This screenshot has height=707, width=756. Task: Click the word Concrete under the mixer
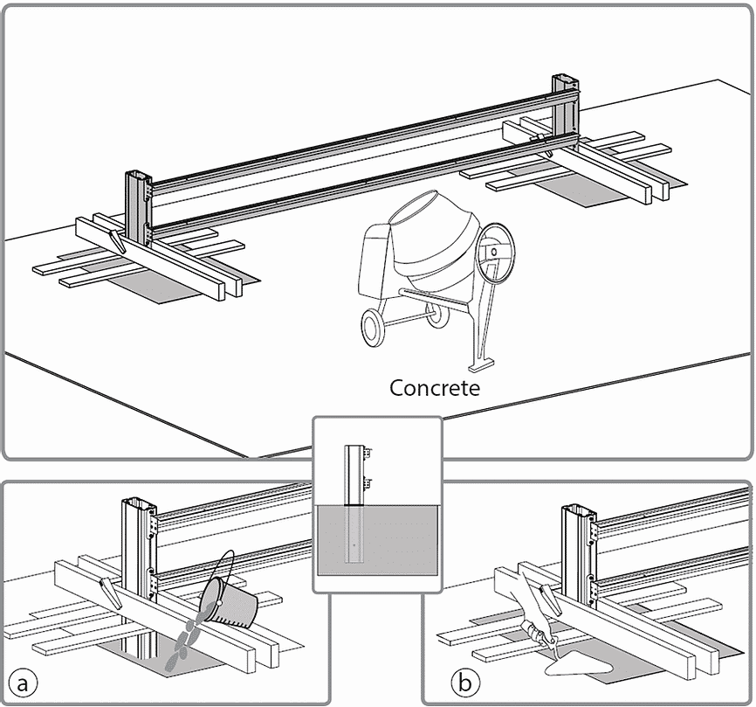click(x=435, y=387)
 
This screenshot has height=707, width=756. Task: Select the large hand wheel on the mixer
click(x=494, y=253)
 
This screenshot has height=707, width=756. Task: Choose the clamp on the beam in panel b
click(x=553, y=600)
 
